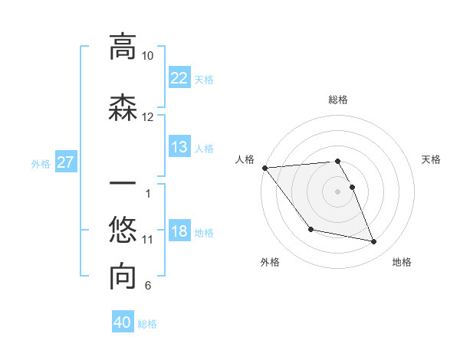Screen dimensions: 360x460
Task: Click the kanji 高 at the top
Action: click(122, 47)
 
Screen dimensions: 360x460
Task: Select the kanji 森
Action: click(122, 107)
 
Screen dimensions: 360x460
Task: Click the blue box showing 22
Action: click(179, 77)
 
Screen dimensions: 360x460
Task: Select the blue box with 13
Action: click(179, 147)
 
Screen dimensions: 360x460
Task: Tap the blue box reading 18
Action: click(179, 231)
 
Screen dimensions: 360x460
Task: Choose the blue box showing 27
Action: click(66, 162)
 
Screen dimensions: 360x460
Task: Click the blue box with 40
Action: click(123, 322)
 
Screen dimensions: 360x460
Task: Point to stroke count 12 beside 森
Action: click(148, 117)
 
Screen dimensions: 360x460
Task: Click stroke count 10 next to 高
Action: click(148, 56)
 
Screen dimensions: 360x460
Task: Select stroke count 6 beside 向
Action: click(148, 286)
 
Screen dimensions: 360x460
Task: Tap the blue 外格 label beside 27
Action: click(41, 163)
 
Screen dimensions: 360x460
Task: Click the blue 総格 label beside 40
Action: click(147, 324)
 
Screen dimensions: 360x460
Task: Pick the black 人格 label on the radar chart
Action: click(245, 159)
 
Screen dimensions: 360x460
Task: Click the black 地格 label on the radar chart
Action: click(402, 262)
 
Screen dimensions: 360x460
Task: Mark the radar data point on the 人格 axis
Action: click(264, 168)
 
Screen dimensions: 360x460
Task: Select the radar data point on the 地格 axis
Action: click(374, 242)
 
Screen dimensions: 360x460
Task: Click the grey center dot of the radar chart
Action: click(337, 191)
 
